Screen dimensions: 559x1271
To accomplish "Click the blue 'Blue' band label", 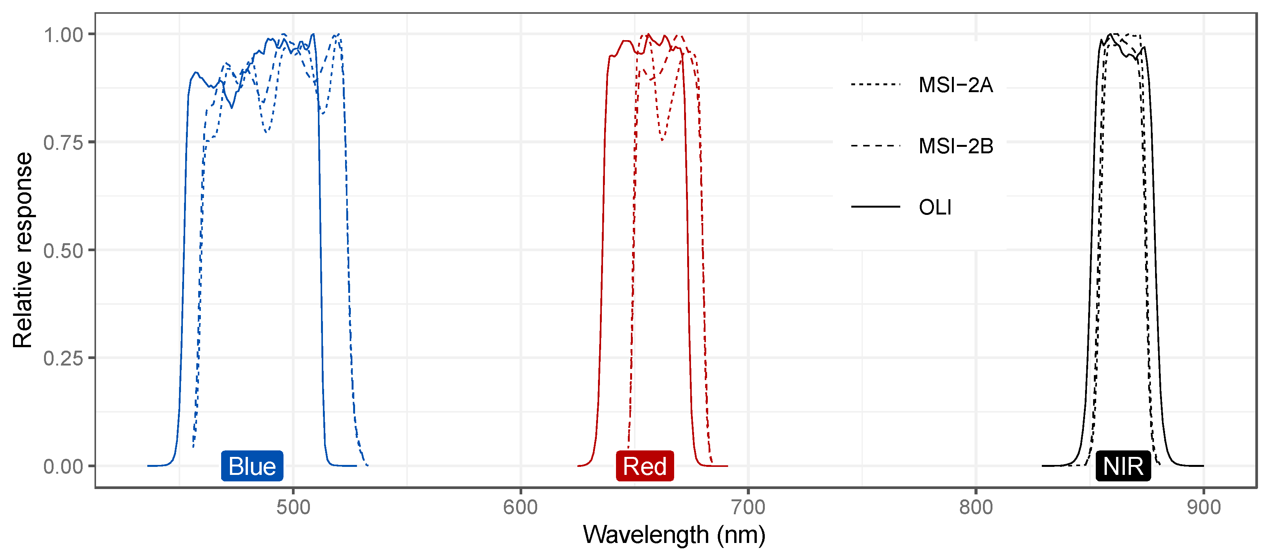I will (x=252, y=466).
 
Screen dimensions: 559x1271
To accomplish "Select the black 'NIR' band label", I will (x=1123, y=466).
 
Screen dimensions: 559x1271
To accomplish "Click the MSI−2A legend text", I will (x=955, y=85).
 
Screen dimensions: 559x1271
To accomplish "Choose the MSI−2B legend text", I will (x=955, y=146).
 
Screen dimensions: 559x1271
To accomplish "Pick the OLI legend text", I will (x=934, y=207).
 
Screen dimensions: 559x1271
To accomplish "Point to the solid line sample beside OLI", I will (x=875, y=206).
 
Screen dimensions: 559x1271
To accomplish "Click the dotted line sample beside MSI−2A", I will (x=875, y=85).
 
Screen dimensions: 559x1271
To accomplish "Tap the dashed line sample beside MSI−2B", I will (x=875, y=146).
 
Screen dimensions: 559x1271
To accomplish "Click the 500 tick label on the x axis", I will (x=293, y=508).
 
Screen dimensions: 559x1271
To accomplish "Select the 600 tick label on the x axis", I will (x=521, y=508).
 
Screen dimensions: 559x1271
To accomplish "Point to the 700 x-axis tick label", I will (x=748, y=508).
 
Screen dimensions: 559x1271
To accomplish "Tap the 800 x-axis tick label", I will (x=976, y=508).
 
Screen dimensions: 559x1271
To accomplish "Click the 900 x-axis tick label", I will (x=1203, y=508).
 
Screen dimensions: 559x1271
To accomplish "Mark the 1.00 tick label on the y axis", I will (x=63, y=35).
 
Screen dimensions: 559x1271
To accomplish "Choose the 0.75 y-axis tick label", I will (x=63, y=143).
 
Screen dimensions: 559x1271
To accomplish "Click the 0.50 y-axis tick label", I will (x=63, y=251).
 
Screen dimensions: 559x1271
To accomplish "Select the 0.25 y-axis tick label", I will (x=63, y=358).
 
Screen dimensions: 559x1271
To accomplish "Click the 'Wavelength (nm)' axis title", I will (x=674, y=535).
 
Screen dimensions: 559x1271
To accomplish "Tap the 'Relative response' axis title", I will (x=23, y=250).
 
